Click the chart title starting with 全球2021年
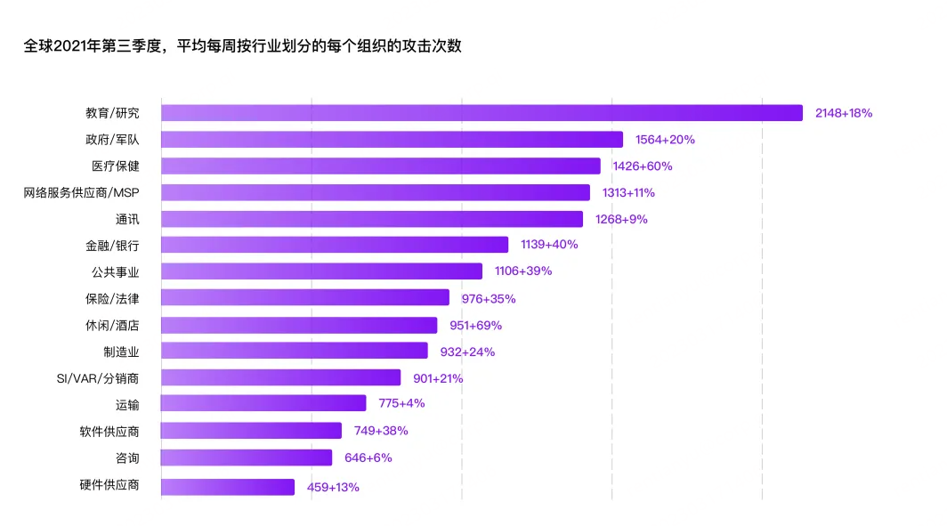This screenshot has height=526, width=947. [x=242, y=46]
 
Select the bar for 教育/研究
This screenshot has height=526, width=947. [x=482, y=113]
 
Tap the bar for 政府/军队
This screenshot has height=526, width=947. [x=392, y=140]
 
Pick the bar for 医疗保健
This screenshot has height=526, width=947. [x=381, y=166]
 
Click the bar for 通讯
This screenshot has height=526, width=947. [x=372, y=219]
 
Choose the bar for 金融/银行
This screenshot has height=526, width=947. [x=335, y=245]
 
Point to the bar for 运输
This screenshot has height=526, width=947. [x=263, y=404]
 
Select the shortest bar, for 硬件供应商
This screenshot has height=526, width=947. [x=228, y=487]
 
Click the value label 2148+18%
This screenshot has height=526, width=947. [x=844, y=113]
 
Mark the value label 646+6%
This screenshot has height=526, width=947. [x=368, y=457]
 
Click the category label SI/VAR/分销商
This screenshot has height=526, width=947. [x=98, y=378]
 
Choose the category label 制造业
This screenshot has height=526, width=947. [x=121, y=352]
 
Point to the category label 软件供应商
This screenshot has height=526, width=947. [x=109, y=432]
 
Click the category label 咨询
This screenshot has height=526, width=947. [x=126, y=457]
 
